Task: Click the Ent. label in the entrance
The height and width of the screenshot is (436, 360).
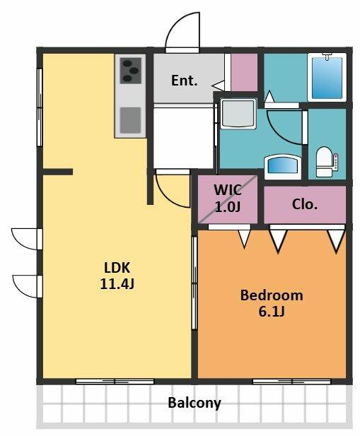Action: [184, 81]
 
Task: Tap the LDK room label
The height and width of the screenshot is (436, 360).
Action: [117, 268]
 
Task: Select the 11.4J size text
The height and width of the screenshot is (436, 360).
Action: [117, 284]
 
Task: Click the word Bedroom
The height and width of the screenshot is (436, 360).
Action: [272, 295]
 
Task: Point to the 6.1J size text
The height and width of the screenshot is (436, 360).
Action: [272, 312]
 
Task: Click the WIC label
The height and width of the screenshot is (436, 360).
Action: [228, 190]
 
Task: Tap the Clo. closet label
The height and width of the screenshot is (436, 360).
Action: [305, 204]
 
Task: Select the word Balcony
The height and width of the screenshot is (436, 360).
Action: [194, 403]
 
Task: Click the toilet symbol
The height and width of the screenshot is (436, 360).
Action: [327, 162]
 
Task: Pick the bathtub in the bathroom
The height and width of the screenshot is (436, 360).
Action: [327, 77]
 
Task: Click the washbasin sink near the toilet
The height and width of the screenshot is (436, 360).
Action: [282, 167]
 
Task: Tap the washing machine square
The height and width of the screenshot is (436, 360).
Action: [238, 114]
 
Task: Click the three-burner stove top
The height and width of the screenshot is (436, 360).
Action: [130, 71]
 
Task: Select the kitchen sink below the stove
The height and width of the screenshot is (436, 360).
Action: [130, 120]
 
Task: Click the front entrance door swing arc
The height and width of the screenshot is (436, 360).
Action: [182, 30]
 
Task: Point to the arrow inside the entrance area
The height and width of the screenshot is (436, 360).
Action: [219, 86]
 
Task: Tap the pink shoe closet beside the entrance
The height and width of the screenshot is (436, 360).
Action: [244, 72]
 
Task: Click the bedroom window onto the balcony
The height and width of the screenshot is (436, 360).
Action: [291, 382]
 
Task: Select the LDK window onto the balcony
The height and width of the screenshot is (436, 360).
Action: [115, 382]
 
